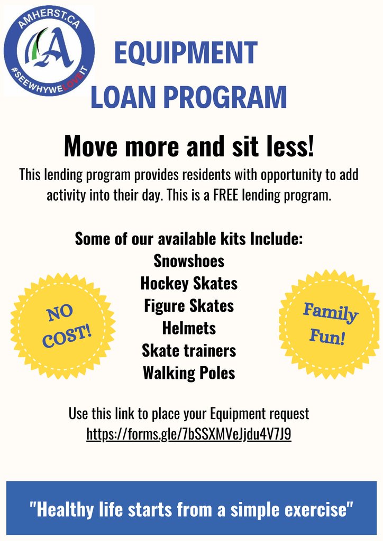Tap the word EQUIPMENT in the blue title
coord(186,53)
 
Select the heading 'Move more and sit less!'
coord(189,146)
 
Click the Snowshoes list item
coord(189,261)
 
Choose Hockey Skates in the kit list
coord(189,284)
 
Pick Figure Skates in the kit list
coord(189,306)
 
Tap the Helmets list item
coord(189,328)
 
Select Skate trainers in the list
coord(189,350)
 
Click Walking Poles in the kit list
coord(189,373)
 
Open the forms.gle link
coord(189,434)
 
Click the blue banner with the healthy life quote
coord(191,509)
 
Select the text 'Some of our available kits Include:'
coord(189,238)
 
